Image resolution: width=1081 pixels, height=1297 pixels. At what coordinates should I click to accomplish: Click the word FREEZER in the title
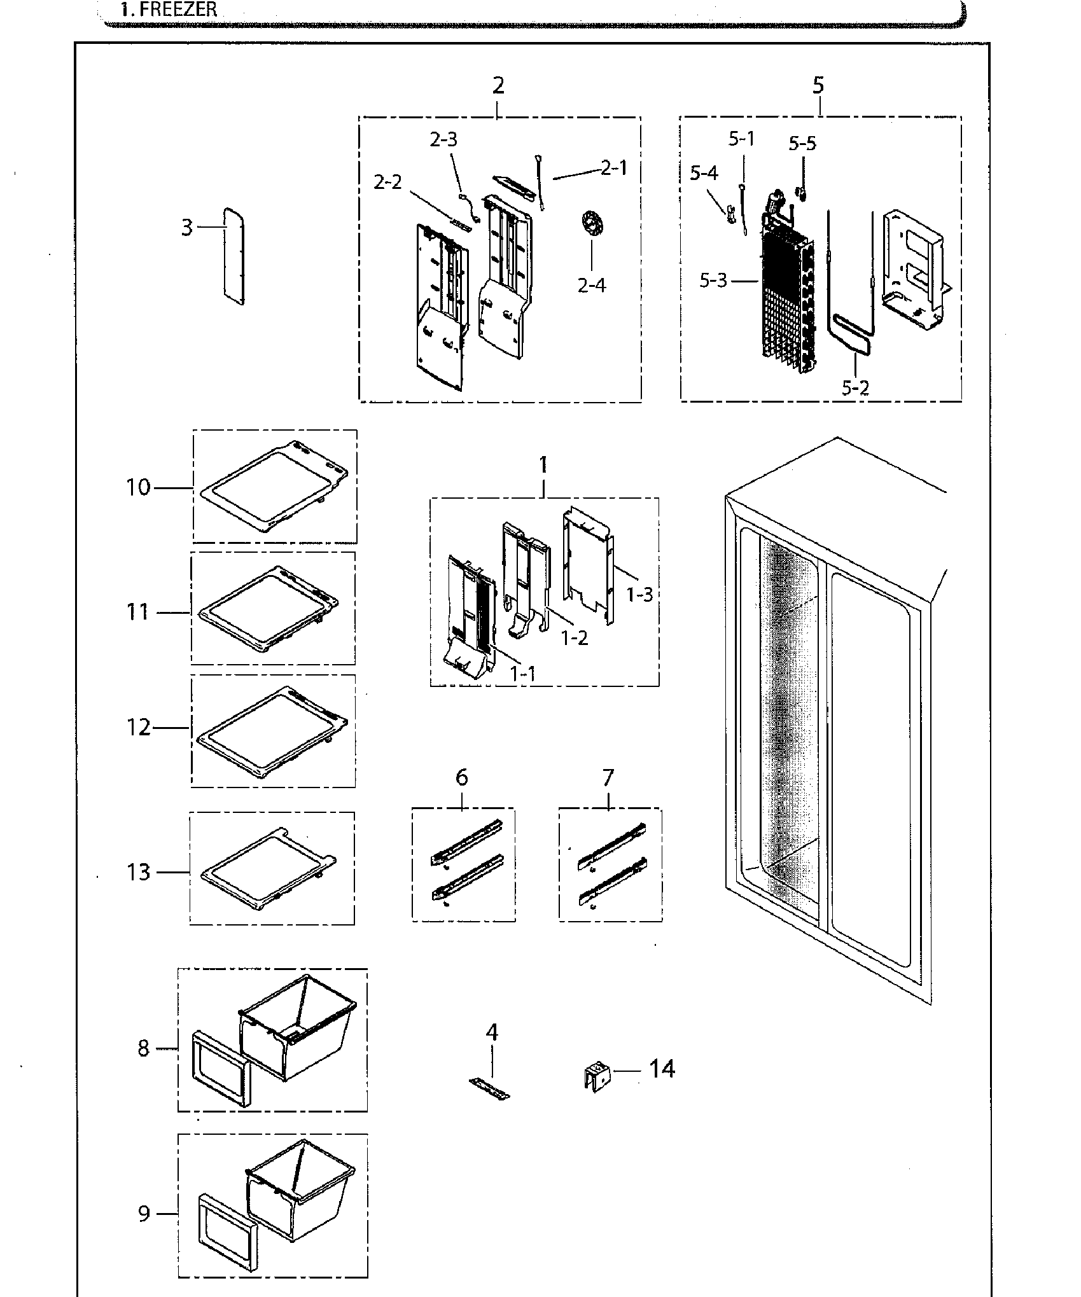click(x=179, y=10)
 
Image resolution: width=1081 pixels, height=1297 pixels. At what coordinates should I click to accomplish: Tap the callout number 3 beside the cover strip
click(x=186, y=227)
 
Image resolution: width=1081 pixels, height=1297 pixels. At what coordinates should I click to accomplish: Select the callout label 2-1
click(x=613, y=168)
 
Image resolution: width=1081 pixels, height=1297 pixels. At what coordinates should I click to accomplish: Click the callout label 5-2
click(x=854, y=387)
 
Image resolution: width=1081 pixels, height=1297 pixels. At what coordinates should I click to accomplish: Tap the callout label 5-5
click(x=802, y=144)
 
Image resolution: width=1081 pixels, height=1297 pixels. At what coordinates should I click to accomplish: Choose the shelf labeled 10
click(x=274, y=487)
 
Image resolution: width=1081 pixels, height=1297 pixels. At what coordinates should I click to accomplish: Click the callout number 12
click(x=138, y=727)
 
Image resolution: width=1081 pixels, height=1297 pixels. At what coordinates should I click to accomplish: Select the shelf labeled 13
click(x=267, y=871)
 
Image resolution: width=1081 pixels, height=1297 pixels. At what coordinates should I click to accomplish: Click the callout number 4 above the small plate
click(x=492, y=1032)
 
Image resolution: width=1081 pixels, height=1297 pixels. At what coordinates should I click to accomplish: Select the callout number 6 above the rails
click(x=462, y=777)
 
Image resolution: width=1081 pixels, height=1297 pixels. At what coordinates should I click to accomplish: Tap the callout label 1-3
click(x=639, y=595)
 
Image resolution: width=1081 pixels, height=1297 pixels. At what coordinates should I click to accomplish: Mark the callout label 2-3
click(x=443, y=139)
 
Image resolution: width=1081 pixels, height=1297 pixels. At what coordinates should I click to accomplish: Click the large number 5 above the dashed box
click(x=818, y=85)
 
